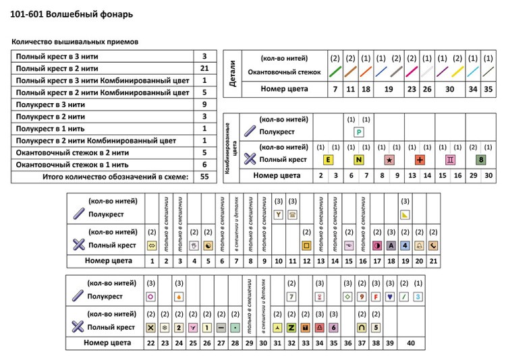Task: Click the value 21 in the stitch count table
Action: coord(204,68)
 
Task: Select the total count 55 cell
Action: coord(204,177)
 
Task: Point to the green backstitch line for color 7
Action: coord(335,71)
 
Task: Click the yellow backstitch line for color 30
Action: coord(456,71)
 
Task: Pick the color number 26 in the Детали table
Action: coord(426,88)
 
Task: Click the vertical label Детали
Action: coord(232,74)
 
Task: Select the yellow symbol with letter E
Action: coord(328,160)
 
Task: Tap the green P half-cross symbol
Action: coord(358,133)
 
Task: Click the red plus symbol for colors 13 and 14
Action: coord(419,160)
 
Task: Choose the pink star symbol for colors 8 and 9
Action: coord(389,160)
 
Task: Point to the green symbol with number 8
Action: coord(481,160)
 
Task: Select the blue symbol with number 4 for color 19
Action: coord(405,245)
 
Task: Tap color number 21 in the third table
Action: coord(433,261)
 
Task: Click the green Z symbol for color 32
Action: coord(292,328)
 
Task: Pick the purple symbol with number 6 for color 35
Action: coord(334,328)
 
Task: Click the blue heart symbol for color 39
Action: coord(390,296)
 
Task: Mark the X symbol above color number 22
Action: coord(151,328)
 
